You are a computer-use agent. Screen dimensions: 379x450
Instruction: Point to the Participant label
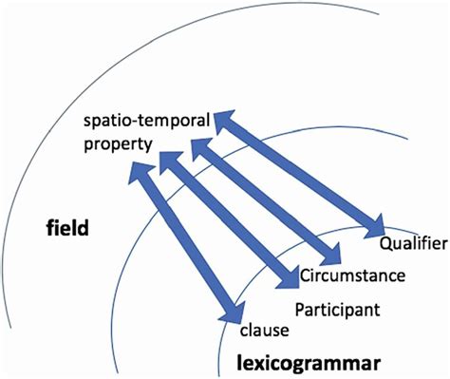point(338,309)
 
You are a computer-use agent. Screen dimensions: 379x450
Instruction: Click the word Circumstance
point(353,276)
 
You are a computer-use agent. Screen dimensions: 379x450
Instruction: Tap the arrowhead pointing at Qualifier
point(373,228)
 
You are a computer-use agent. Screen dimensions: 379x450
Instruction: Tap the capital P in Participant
point(300,309)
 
